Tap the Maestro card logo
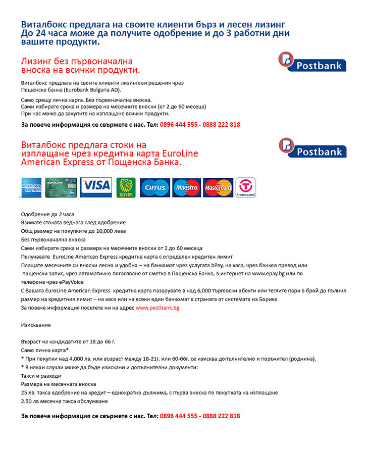click(186, 187)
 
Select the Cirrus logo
click(155, 187)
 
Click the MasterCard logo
click(218, 187)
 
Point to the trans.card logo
click(246, 187)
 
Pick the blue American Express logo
click(31, 187)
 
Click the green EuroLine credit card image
click(61, 187)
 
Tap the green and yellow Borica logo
click(126, 187)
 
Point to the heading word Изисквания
click(36, 325)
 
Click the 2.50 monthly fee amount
click(29, 402)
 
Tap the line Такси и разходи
click(41, 376)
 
